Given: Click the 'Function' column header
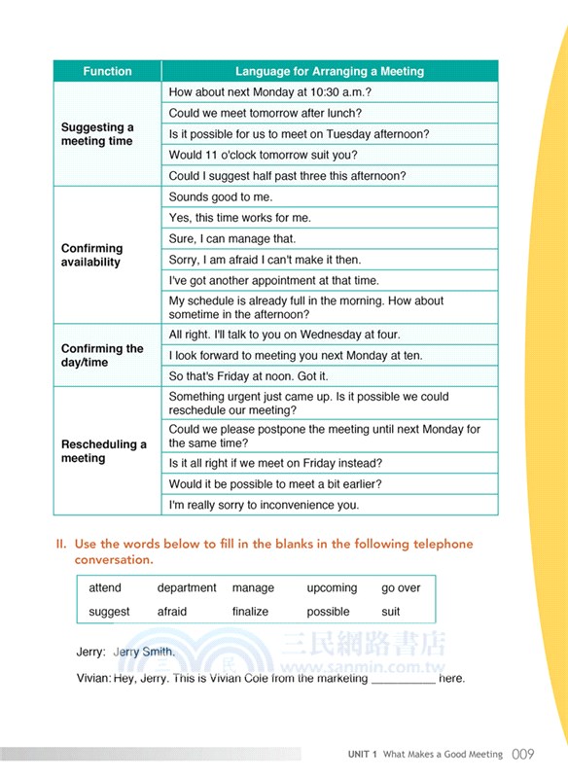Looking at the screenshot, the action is click(107, 71).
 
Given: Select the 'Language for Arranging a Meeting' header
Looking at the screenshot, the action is click(330, 71).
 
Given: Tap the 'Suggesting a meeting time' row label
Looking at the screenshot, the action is click(97, 134).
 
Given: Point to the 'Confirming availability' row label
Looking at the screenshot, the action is click(91, 255).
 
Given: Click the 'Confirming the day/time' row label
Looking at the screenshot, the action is click(102, 355).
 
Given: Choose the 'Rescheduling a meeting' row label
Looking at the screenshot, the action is click(103, 451).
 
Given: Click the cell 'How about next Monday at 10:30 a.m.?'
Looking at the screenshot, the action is click(270, 92).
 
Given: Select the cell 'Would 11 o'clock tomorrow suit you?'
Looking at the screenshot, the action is click(263, 155).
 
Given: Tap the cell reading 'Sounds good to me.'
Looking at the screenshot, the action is click(221, 196).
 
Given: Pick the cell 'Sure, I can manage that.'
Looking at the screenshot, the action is click(232, 238).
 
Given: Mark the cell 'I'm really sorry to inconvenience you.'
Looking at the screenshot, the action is click(264, 505).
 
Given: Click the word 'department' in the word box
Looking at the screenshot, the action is click(187, 588).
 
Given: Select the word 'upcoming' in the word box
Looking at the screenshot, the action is click(332, 588).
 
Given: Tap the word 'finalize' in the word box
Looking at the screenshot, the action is click(250, 612).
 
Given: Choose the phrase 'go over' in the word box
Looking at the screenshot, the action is click(401, 588).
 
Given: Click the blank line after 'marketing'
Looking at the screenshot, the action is click(404, 679).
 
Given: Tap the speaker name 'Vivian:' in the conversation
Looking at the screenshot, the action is click(93, 678).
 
